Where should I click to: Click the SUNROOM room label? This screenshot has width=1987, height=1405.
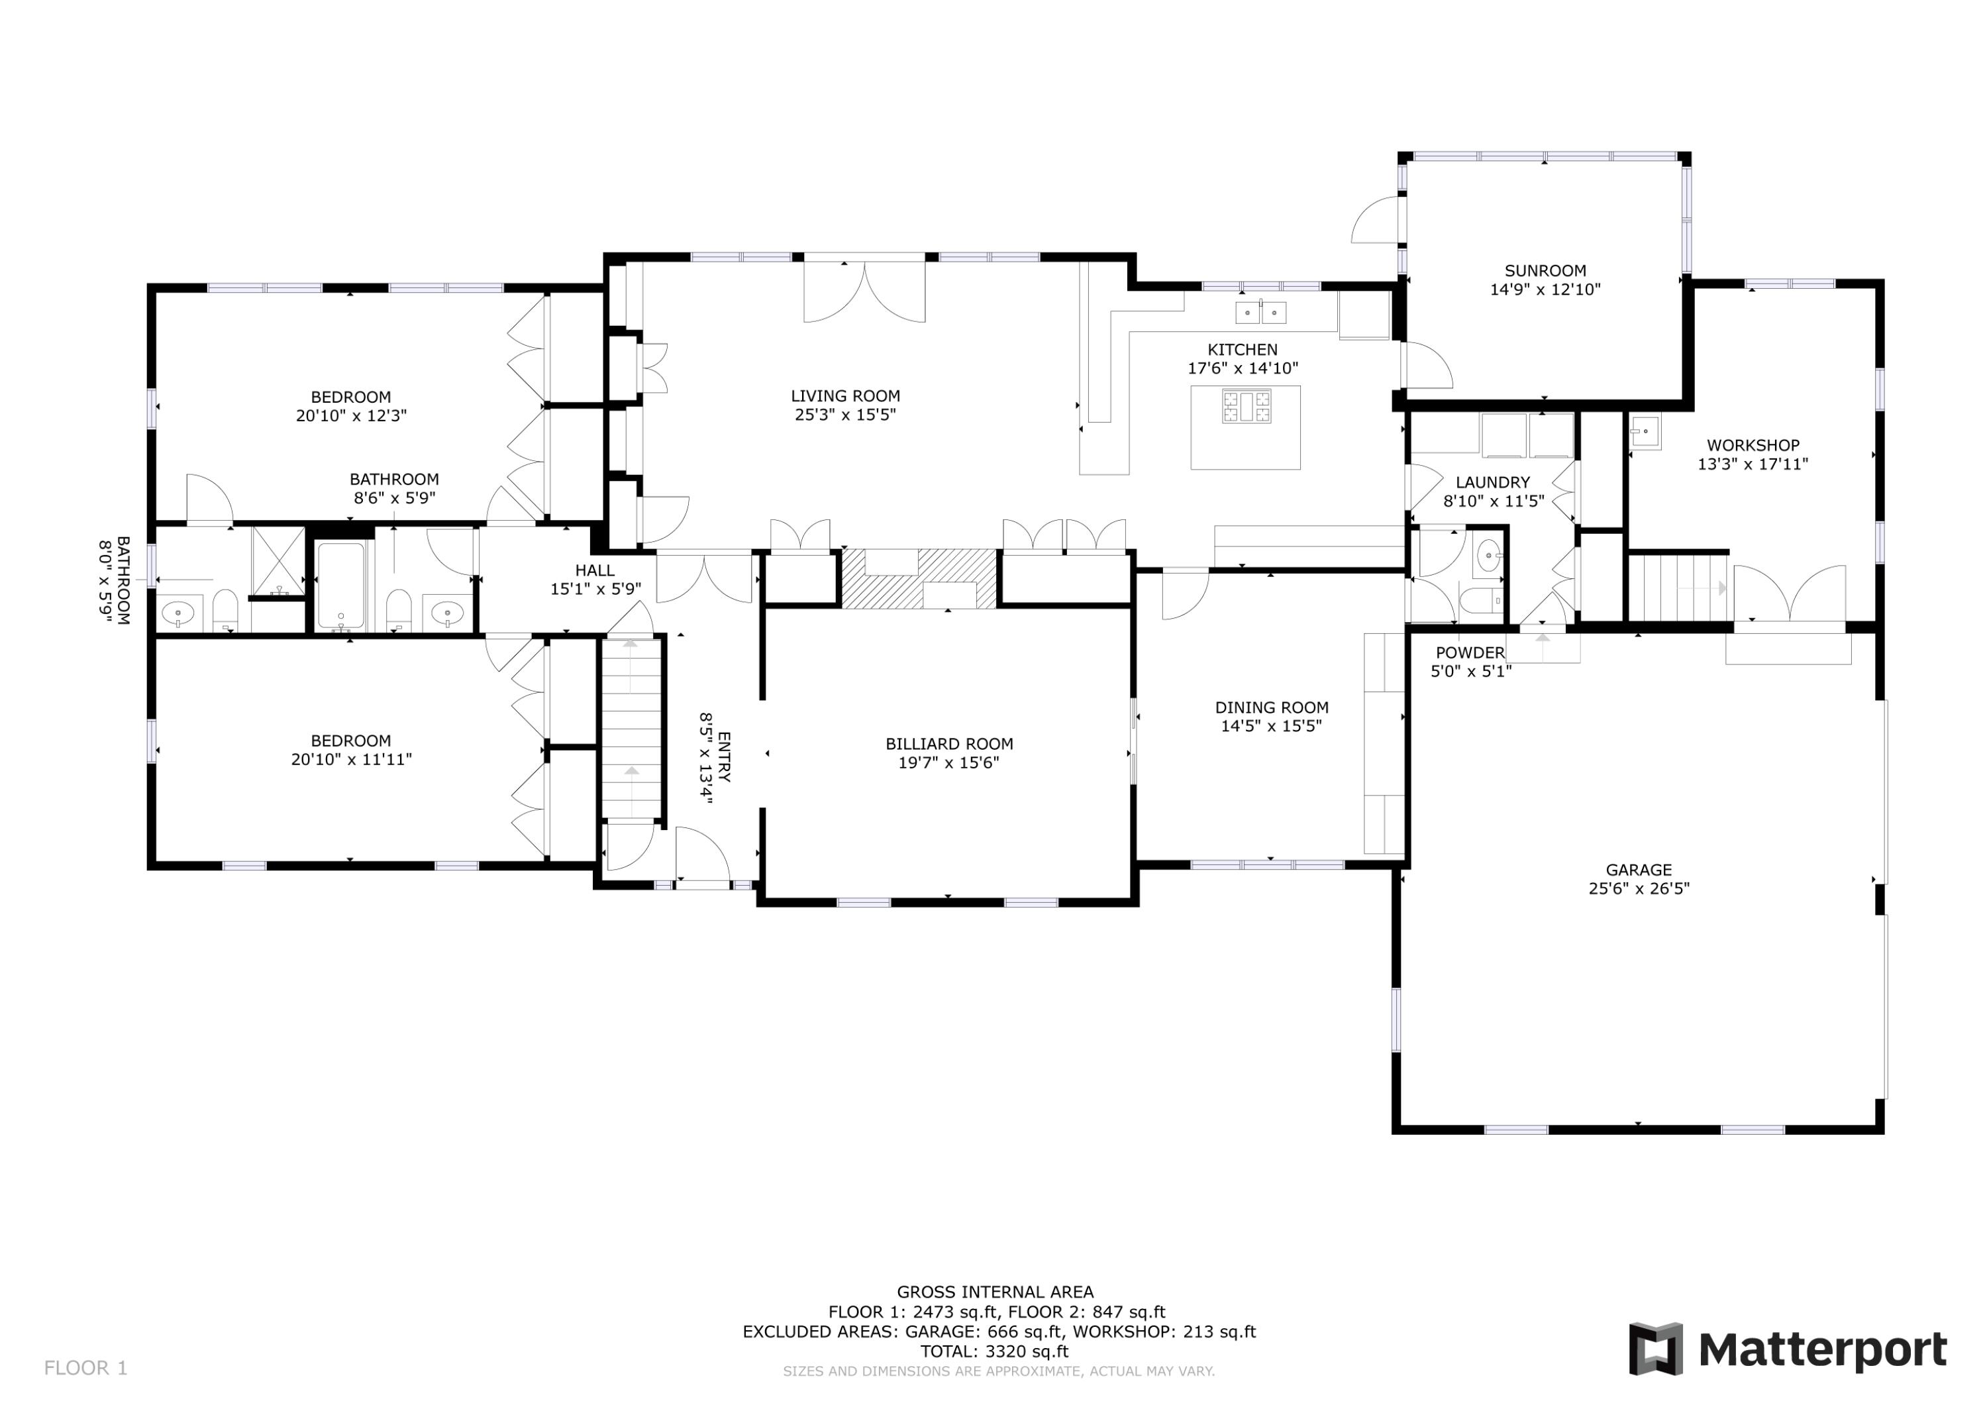pyautogui.click(x=1545, y=271)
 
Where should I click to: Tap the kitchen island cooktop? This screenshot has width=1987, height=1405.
pyautogui.click(x=1247, y=407)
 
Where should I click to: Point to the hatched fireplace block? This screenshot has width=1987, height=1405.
pyautogui.click(x=919, y=578)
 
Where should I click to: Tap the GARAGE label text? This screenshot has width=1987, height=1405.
pyautogui.click(x=1638, y=870)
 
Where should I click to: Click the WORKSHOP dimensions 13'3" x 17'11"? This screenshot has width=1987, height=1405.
pyautogui.click(x=1753, y=464)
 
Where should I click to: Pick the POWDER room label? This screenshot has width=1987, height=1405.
pyautogui.click(x=1470, y=652)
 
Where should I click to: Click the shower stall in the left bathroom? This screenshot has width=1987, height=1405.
pyautogui.click(x=278, y=561)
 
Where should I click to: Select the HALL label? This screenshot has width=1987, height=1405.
pyautogui.click(x=595, y=570)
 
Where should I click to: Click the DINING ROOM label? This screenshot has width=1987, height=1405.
pyautogui.click(x=1271, y=707)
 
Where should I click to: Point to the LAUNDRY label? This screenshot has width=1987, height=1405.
pyautogui.click(x=1492, y=482)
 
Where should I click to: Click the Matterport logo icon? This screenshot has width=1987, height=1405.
pyautogui.click(x=1656, y=1349)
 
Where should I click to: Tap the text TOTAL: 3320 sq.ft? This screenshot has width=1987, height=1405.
pyautogui.click(x=993, y=1351)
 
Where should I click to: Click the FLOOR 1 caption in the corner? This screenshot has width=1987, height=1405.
pyautogui.click(x=85, y=1368)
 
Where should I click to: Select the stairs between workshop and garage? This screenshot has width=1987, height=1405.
pyautogui.click(x=1677, y=588)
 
